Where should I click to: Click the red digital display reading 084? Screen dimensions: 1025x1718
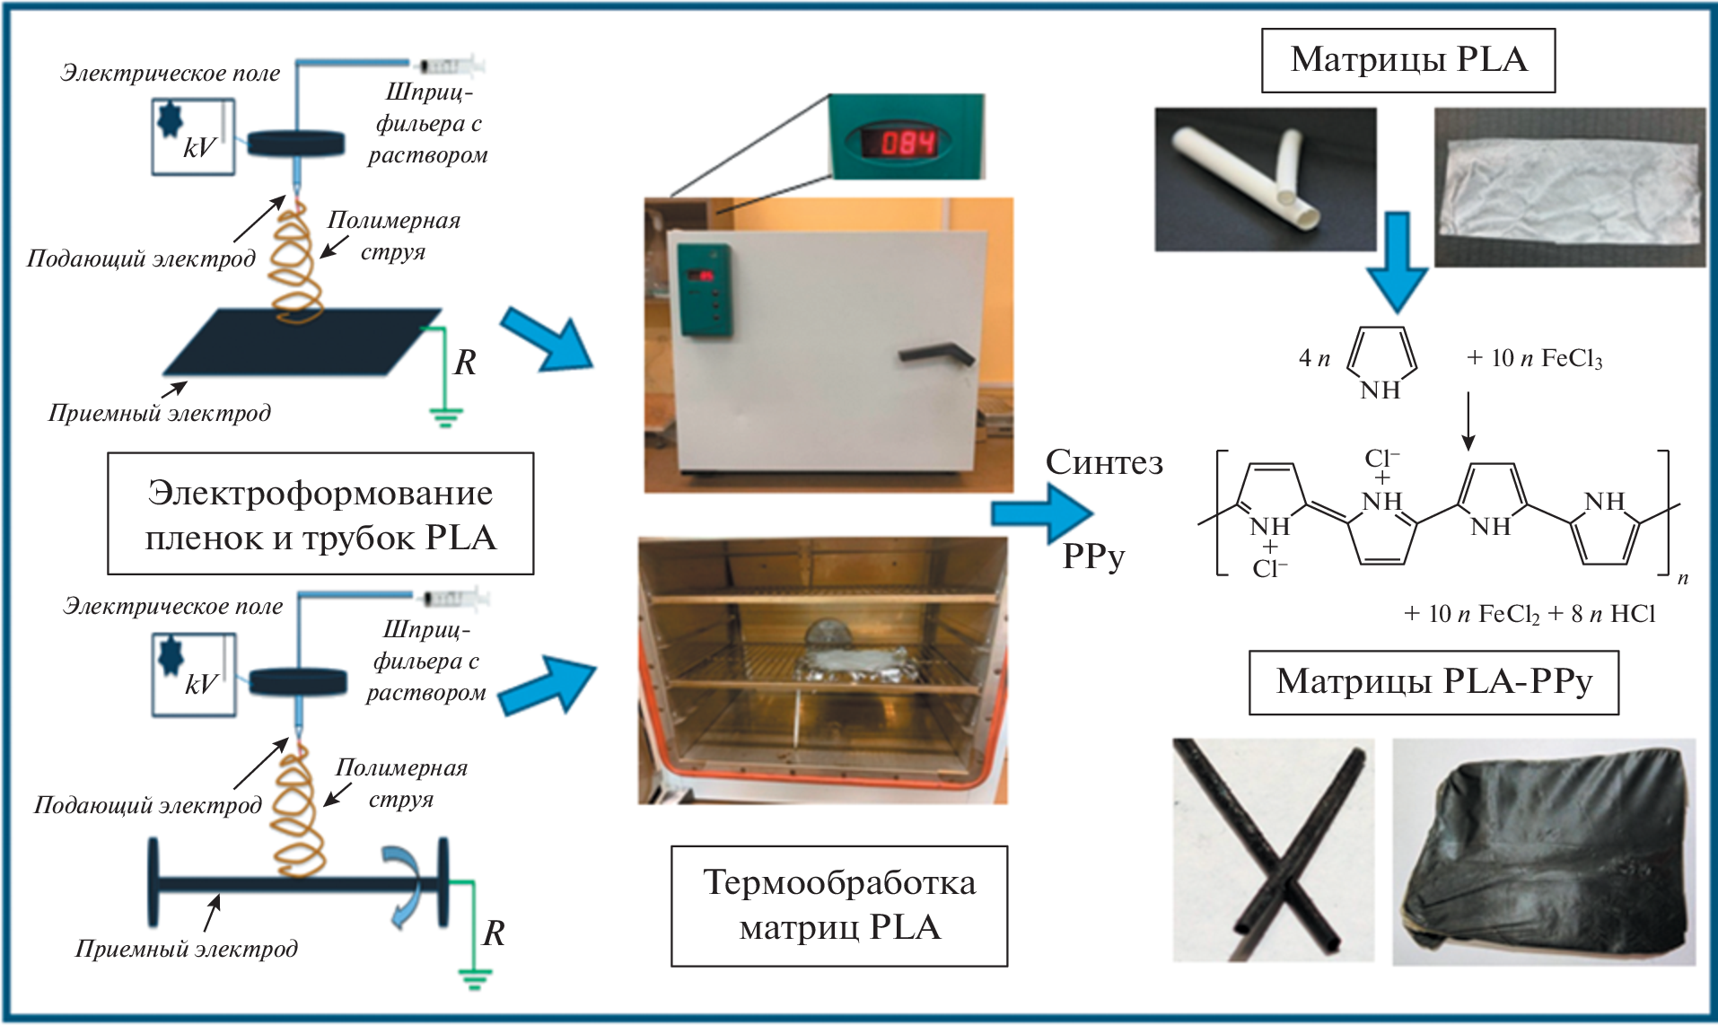click(x=907, y=142)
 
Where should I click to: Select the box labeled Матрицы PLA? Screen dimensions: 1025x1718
click(x=1407, y=61)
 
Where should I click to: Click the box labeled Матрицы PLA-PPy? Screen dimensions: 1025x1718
click(x=1433, y=683)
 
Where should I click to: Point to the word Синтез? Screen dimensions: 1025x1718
click(x=1104, y=463)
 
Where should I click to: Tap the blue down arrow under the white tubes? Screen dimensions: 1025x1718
click(x=1397, y=261)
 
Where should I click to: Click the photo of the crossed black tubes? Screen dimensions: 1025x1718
click(x=1272, y=849)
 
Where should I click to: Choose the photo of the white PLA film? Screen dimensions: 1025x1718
click(x=1569, y=188)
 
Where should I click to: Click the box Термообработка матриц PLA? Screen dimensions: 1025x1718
click(x=838, y=906)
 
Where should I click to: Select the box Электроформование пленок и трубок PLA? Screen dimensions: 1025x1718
click(x=320, y=514)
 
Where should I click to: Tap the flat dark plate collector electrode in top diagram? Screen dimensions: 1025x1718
click(x=301, y=342)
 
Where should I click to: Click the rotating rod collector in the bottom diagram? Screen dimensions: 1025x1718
click(x=296, y=883)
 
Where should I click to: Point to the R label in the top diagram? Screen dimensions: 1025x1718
click(x=465, y=363)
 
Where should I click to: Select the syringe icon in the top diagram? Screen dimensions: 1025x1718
click(x=450, y=65)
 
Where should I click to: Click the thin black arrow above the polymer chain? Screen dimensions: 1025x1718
click(x=1468, y=420)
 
